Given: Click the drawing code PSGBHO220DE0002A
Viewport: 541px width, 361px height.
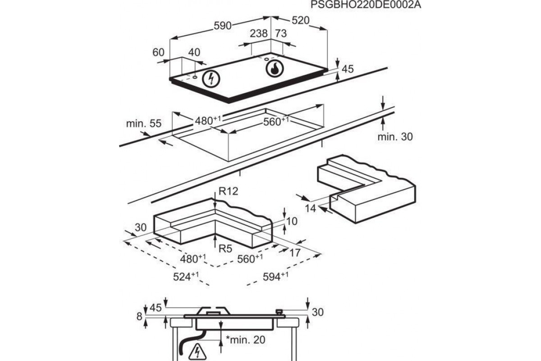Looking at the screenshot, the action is [366, 5].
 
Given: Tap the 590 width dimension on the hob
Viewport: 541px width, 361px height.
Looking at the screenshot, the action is [223, 26].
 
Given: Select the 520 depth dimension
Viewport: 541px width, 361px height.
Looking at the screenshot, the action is [300, 21].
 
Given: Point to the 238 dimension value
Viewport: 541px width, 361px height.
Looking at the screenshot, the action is [259, 33].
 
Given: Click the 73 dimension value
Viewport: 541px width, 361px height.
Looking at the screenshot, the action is [281, 33].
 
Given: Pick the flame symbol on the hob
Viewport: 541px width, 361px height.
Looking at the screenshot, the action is [275, 68].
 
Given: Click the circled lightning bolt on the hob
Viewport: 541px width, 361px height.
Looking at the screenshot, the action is [211, 79].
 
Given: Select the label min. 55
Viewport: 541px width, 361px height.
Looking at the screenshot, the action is [144, 124].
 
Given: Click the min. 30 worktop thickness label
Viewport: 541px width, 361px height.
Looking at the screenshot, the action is [395, 137].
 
